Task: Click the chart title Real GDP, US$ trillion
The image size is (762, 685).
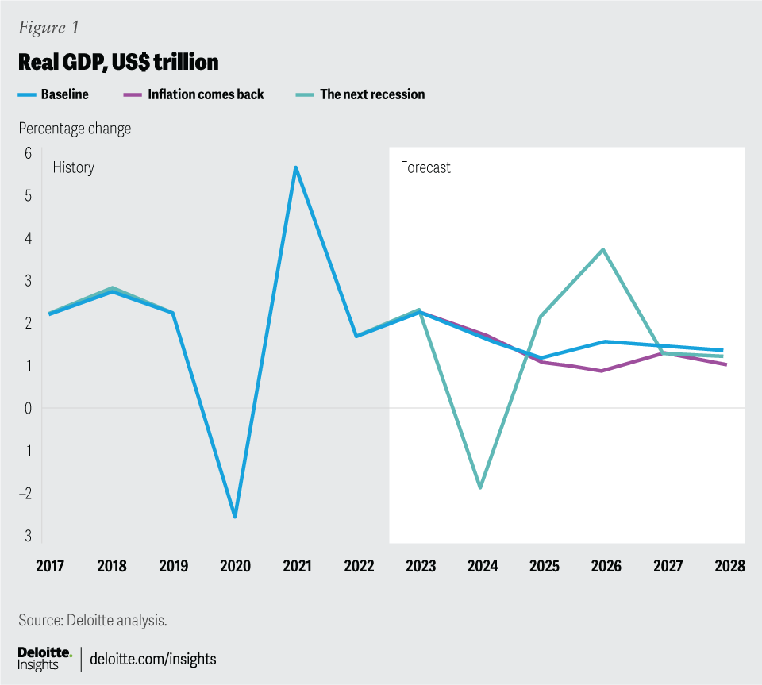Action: point(118,62)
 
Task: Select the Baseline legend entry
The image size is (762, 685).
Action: point(64,94)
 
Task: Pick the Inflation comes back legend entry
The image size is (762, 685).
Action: point(206,94)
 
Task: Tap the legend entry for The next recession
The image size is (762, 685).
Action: point(371,94)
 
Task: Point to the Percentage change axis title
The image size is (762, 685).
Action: point(75,128)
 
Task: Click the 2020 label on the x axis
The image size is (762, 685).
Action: point(235,566)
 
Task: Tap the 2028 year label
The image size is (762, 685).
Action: point(729,566)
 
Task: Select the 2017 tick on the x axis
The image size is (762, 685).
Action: point(50,566)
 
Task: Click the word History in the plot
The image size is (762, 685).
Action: point(73,167)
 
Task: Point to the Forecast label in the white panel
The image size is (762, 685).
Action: point(425,167)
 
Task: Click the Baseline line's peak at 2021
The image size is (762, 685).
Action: point(295,167)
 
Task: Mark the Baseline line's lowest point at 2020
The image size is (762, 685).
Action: point(235,517)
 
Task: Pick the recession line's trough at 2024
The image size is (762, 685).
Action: point(481,487)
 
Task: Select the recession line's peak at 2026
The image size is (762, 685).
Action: point(604,249)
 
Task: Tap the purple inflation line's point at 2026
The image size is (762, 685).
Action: point(604,371)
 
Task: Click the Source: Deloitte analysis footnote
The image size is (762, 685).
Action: point(93,620)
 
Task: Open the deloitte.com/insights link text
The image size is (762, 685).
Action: point(153,659)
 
